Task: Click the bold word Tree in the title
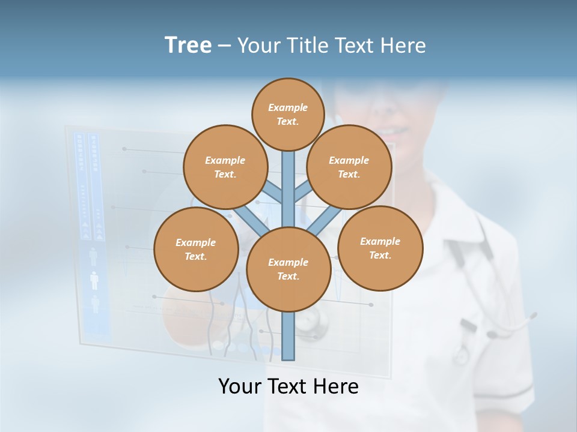(188, 46)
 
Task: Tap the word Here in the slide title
(404, 46)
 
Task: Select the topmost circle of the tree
(288, 114)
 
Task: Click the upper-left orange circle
(225, 167)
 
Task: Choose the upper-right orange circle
(349, 167)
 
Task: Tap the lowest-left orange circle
(195, 249)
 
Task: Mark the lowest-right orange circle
(380, 248)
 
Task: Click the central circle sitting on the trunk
(288, 269)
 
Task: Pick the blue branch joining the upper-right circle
(303, 191)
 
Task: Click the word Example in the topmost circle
(288, 107)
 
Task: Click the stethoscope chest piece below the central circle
(316, 323)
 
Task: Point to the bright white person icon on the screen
(94, 280)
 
